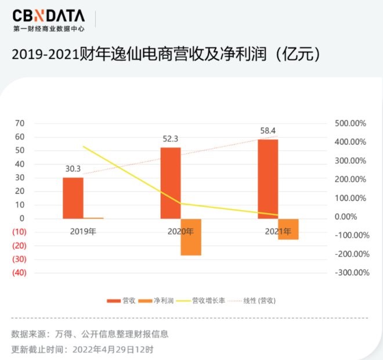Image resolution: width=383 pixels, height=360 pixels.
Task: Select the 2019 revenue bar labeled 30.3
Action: (x=73, y=198)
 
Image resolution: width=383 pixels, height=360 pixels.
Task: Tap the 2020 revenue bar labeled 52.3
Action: (x=171, y=183)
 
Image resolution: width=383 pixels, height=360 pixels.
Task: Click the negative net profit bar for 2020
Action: (x=191, y=237)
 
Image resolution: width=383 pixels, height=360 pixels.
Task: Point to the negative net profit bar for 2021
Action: (x=288, y=229)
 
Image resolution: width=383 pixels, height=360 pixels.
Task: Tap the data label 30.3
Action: (x=73, y=169)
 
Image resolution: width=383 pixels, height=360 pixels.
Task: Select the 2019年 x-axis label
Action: (x=84, y=231)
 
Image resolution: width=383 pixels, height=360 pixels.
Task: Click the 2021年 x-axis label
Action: (x=279, y=231)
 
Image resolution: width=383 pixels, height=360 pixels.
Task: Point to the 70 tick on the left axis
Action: (x=20, y=123)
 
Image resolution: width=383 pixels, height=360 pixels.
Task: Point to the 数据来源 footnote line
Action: (x=90, y=334)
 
